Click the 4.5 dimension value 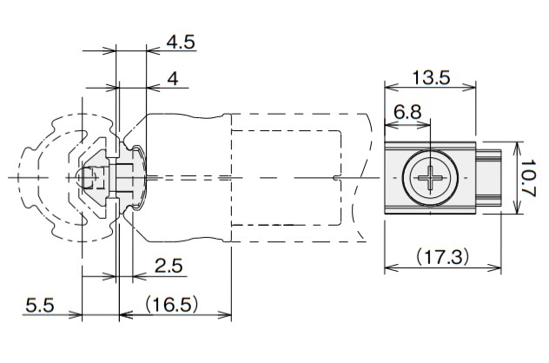coord(181,43)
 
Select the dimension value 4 coord(173,79)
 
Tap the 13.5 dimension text coord(431,77)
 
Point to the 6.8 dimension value coord(407,112)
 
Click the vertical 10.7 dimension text coord(528,179)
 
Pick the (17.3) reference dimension coord(442,257)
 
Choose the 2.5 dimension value coord(169,266)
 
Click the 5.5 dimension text coord(40,305)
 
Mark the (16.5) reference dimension coord(172,305)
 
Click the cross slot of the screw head coord(430,178)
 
